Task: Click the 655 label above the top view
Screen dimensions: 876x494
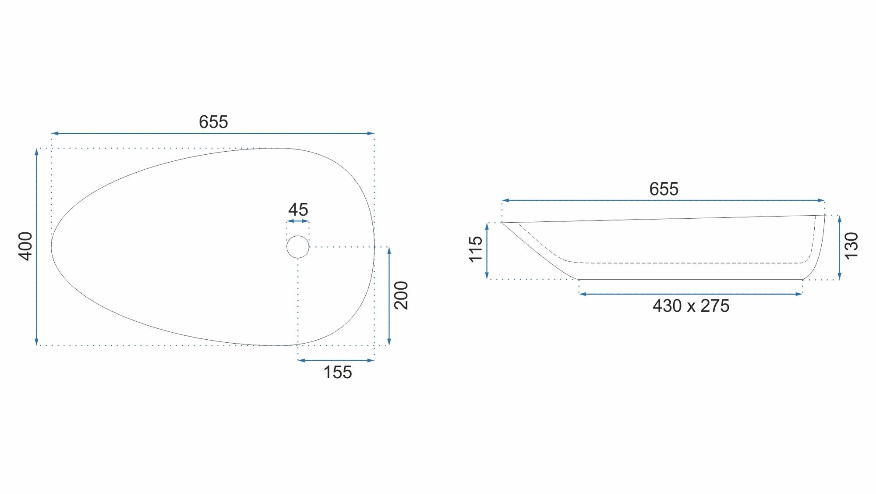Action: [213, 122]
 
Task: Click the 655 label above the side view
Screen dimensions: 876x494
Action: [664, 189]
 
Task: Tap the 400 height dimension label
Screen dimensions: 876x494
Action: [26, 246]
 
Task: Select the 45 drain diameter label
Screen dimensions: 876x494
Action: [298, 210]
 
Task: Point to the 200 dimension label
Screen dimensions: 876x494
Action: [401, 295]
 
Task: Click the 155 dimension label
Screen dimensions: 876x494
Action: [337, 372]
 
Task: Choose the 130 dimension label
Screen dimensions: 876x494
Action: [851, 246]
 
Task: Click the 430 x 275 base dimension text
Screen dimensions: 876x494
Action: [691, 306]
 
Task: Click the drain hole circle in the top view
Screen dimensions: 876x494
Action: [298, 236]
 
